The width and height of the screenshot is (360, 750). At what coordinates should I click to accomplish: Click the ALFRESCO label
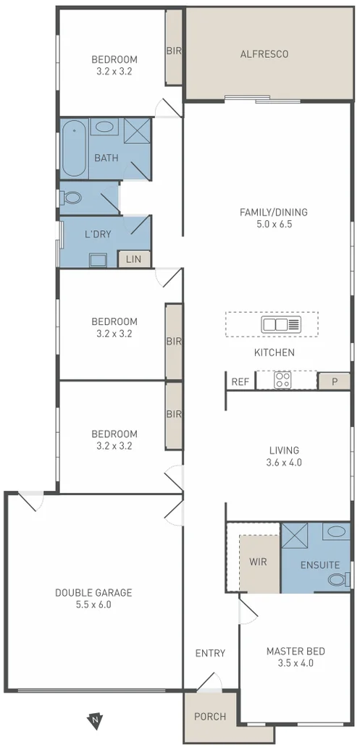pos(264,54)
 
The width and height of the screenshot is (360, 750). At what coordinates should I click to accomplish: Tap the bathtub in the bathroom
pos(74,149)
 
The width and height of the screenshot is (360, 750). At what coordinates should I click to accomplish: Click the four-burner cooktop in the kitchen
pos(282,380)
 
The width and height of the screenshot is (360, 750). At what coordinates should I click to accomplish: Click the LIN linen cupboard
pos(134,259)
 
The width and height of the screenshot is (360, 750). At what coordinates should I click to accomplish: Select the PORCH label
pos(210,717)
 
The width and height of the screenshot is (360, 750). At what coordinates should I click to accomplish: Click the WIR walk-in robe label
pos(259,560)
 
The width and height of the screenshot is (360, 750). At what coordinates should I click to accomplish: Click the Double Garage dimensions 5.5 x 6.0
pos(93,604)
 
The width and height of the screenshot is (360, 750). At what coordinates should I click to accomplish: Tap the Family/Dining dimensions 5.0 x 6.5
pos(274,224)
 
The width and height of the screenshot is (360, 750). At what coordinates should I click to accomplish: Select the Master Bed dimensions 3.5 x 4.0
pos(295,662)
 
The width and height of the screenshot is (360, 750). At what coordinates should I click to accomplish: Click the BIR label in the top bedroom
pos(174,51)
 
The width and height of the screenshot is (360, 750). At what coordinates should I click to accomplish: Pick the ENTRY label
pos(210,653)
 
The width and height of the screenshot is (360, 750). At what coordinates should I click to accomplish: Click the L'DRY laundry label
pos(96,235)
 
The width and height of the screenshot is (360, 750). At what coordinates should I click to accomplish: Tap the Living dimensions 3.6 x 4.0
pos(283,462)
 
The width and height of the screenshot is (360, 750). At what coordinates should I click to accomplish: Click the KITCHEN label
pos(274,353)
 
